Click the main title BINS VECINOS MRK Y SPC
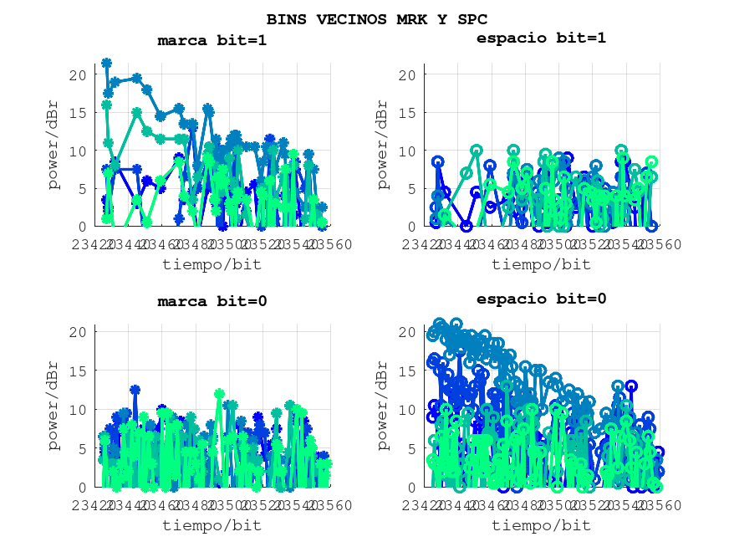376,18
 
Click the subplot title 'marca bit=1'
212,39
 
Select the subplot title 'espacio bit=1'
541,38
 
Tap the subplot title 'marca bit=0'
212,302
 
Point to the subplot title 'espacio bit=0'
541,299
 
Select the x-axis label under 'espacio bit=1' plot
541,264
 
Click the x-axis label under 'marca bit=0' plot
212,525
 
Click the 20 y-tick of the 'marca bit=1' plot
78,75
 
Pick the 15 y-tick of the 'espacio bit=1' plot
408,113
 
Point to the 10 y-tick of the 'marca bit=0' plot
78,410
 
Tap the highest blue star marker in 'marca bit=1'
107,63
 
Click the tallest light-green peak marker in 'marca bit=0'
219,393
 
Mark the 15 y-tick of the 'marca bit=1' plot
78,113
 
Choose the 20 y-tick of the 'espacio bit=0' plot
408,332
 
